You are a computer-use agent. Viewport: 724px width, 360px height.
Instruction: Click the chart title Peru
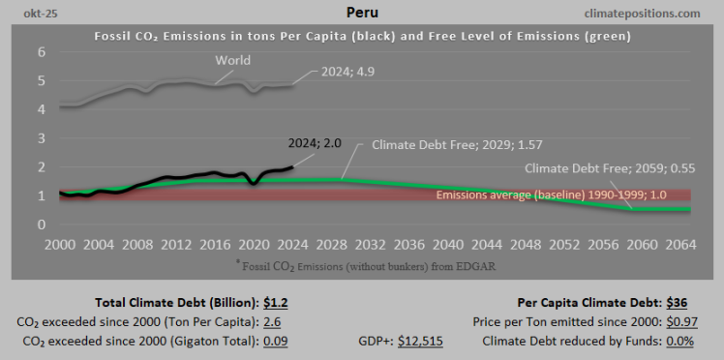362,14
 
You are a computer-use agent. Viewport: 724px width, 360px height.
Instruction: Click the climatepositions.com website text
643,14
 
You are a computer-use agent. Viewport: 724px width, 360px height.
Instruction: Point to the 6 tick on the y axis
42,52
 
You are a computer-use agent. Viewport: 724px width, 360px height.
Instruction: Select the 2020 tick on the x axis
253,245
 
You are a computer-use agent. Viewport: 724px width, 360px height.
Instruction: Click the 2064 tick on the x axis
679,245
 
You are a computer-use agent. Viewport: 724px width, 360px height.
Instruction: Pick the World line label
232,60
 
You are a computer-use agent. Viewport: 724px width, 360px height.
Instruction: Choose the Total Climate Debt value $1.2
275,302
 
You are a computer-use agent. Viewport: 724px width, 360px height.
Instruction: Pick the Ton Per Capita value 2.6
273,321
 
